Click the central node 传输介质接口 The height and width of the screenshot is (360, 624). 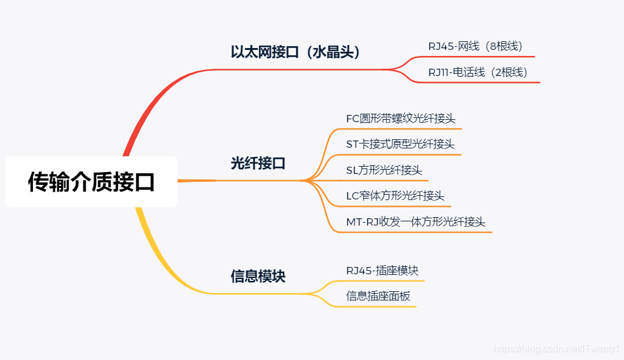[x=91, y=182]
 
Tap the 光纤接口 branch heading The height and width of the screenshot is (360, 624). [x=258, y=164]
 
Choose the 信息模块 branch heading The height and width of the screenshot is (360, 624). [x=258, y=277]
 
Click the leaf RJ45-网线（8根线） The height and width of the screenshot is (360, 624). [x=475, y=46]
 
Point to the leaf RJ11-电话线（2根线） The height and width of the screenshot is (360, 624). [x=477, y=72]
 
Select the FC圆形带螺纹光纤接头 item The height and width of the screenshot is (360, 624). [x=400, y=119]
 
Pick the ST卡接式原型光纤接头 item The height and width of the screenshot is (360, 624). [x=400, y=144]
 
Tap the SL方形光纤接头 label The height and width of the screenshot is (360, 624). [x=384, y=170]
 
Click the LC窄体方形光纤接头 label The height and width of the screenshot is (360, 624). [x=395, y=196]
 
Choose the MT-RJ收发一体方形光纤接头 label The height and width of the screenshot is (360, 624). [x=415, y=222]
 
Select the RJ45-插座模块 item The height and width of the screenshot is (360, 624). [x=382, y=271]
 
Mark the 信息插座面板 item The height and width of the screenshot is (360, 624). [x=378, y=297]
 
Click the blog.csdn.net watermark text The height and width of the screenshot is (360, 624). [x=556, y=350]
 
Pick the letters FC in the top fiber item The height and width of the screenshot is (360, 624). [x=353, y=119]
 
